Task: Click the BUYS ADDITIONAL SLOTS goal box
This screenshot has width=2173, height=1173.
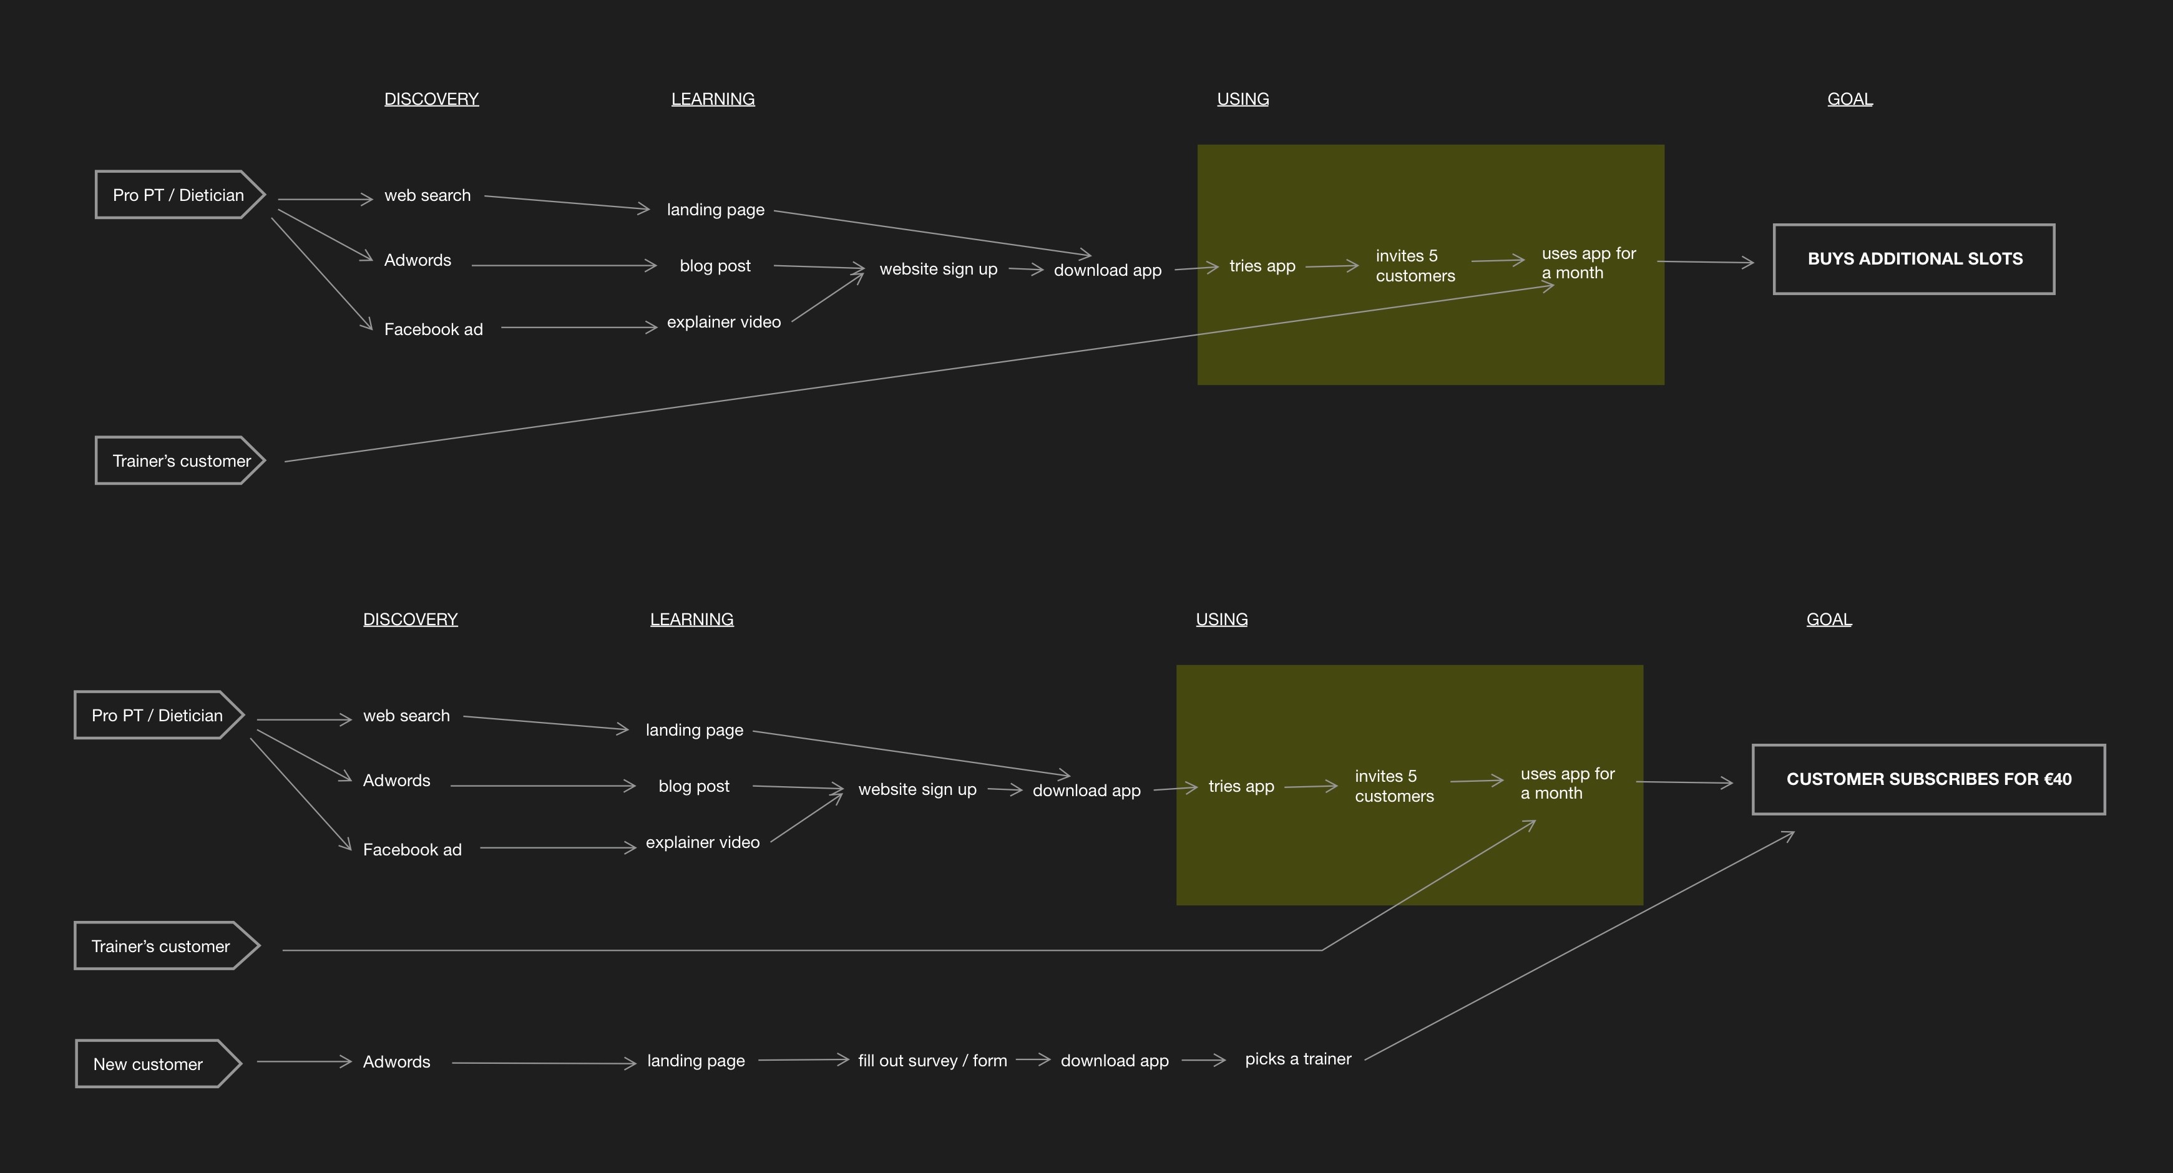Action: pyautogui.click(x=1914, y=259)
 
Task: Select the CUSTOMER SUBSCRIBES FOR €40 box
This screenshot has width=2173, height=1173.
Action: pyautogui.click(x=1928, y=779)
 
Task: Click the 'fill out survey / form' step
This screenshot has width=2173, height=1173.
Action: pyautogui.click(x=932, y=1061)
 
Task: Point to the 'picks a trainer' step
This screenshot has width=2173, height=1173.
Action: pyautogui.click(x=1297, y=1059)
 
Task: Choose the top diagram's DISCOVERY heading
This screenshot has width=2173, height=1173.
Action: pyautogui.click(x=431, y=99)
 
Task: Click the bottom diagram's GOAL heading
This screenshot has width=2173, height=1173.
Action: pyautogui.click(x=1828, y=620)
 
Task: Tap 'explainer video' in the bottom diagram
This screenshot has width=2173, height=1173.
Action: pyautogui.click(x=702, y=842)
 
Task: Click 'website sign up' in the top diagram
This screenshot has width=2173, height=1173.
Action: pyautogui.click(x=938, y=269)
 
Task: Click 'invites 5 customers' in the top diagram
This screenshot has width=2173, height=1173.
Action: pyautogui.click(x=1415, y=266)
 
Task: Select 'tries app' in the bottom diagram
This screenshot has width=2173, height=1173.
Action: pyautogui.click(x=1241, y=787)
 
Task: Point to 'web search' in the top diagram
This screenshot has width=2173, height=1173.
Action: pyautogui.click(x=427, y=196)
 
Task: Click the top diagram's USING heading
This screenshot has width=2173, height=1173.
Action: pyautogui.click(x=1243, y=99)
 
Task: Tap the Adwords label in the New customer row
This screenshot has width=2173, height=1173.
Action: pyautogui.click(x=396, y=1063)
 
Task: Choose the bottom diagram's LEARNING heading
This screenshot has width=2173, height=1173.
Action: pyautogui.click(x=691, y=620)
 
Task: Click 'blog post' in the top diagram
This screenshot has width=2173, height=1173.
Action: pyautogui.click(x=715, y=266)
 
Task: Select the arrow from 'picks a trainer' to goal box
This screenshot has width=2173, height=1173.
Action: pyautogui.click(x=1578, y=946)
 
